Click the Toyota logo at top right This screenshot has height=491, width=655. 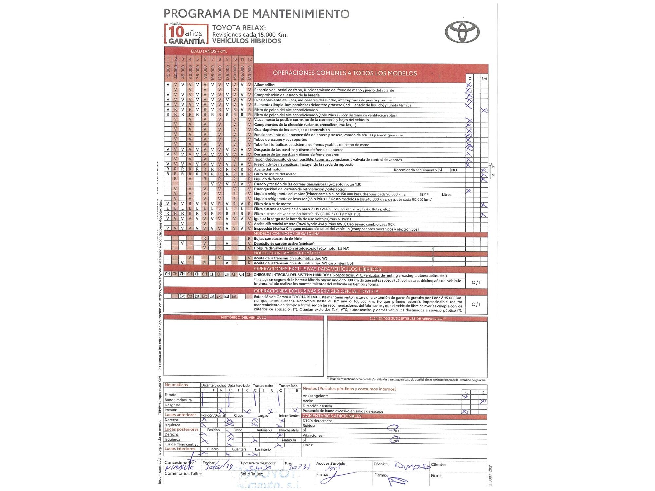462,32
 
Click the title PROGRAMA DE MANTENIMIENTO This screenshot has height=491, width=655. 256,14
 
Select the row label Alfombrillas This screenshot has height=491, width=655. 264,85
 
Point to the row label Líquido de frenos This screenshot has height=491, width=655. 269,179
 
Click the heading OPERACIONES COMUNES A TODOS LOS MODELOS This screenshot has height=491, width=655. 345,73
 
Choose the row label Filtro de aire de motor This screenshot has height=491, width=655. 272,204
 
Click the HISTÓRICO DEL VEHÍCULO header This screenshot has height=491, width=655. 243,318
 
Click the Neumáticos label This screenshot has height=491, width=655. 176,385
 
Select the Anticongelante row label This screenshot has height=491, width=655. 315,396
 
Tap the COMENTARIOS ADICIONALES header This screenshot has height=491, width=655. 332,416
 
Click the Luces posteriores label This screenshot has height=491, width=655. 181,429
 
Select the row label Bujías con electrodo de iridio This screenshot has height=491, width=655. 278,239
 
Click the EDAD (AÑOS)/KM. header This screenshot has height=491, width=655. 209,51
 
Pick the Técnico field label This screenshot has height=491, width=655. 381,464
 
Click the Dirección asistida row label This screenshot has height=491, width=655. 317,406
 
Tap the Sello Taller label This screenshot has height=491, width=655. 252,474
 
